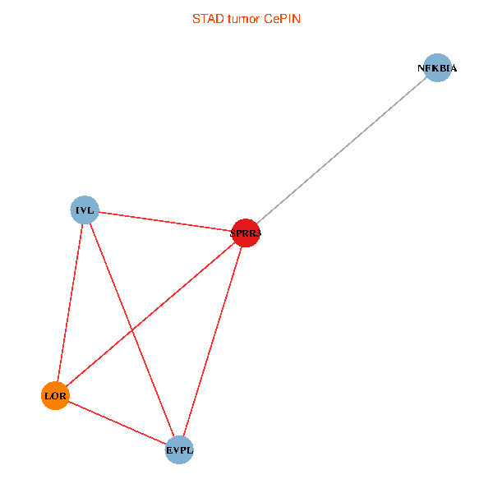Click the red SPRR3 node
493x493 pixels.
point(246,233)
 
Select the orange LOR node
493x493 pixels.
point(55,396)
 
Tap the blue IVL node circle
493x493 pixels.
point(85,210)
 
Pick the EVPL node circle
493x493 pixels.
point(179,450)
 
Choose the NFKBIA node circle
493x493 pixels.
point(437,68)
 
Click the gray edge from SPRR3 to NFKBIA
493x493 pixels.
point(341,151)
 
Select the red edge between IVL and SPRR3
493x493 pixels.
point(164,222)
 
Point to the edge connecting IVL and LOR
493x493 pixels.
point(70,303)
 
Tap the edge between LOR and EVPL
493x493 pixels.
point(117,423)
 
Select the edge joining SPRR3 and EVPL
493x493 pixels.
point(212,342)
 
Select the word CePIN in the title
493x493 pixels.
point(282,19)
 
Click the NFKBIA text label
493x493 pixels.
point(437,68)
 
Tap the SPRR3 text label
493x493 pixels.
point(246,234)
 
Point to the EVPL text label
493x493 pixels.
point(179,450)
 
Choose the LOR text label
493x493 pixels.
point(55,396)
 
